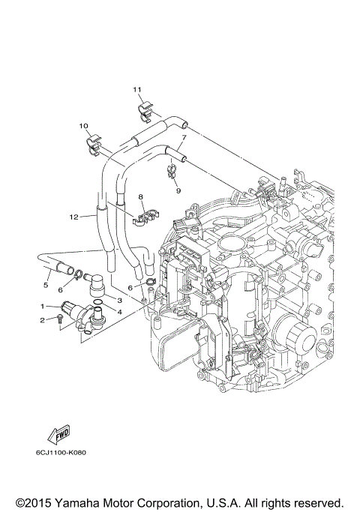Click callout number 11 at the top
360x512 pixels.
click(137, 90)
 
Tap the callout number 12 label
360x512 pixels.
click(73, 217)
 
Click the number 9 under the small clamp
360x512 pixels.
click(179, 190)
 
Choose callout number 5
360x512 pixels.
click(45, 286)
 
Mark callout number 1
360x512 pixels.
click(43, 306)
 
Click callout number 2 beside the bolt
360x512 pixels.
click(43, 320)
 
